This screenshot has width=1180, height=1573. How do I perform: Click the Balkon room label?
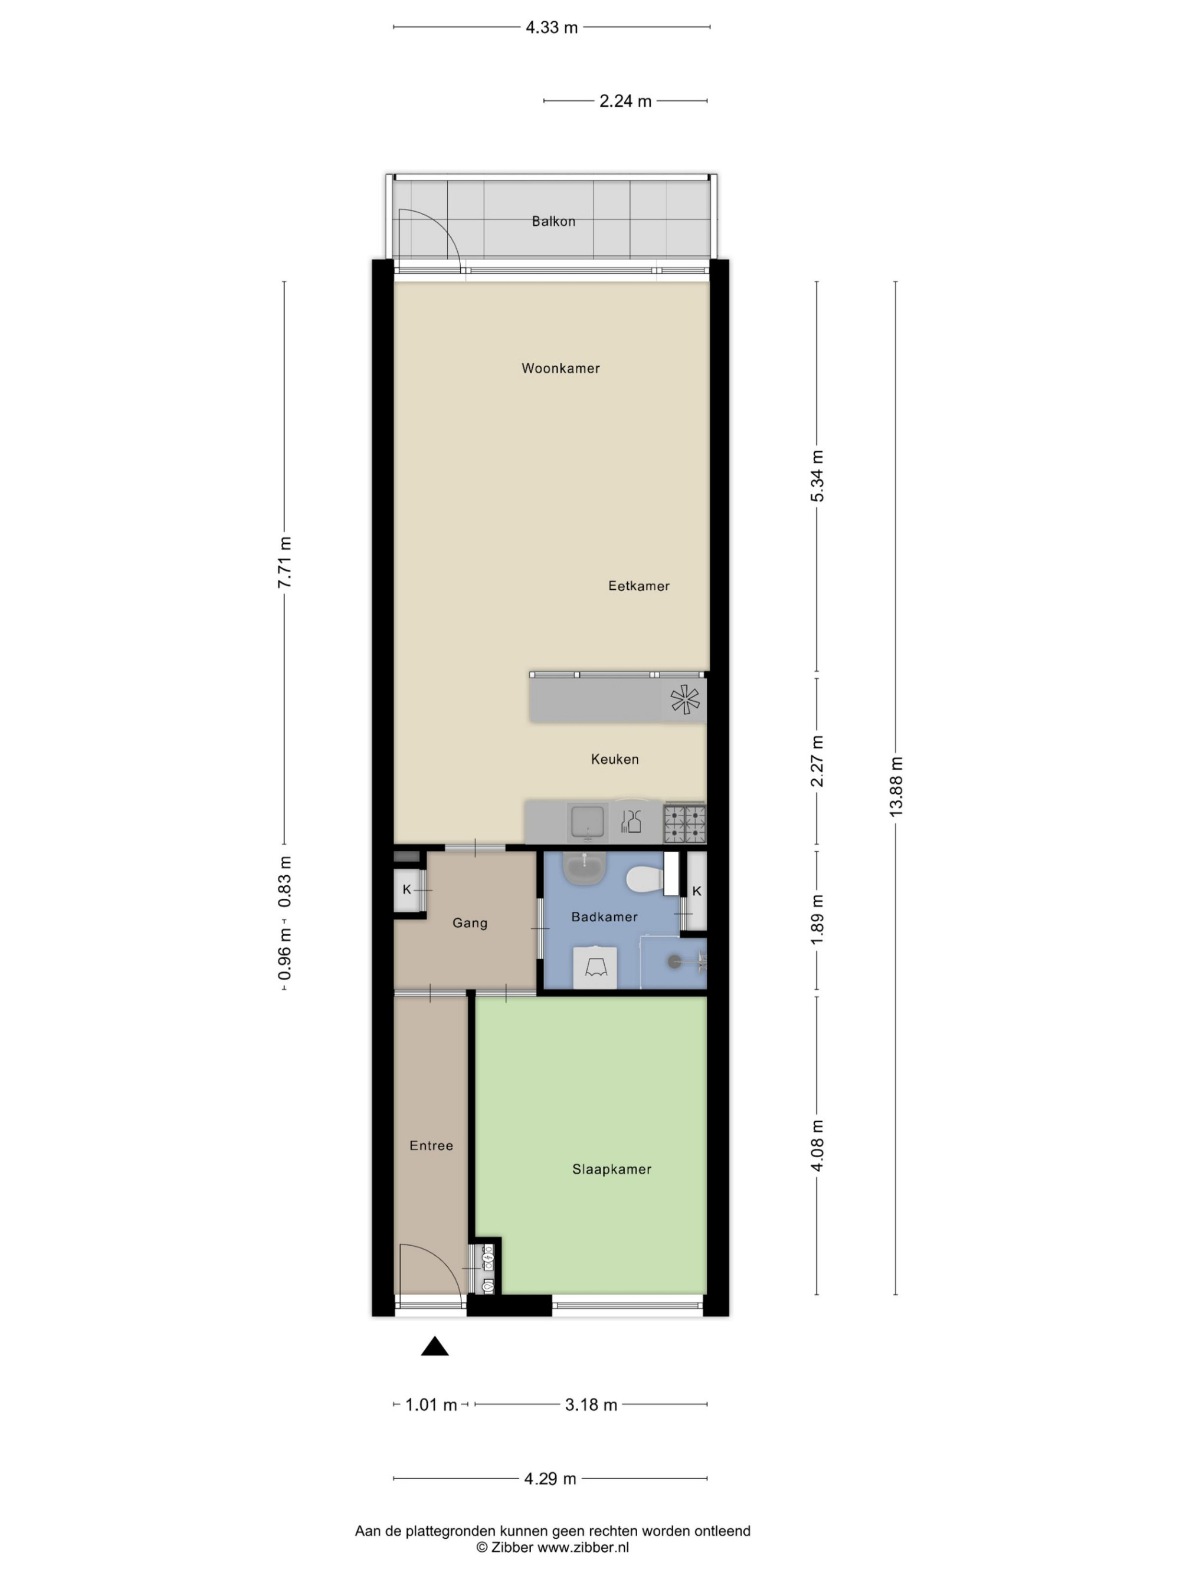[x=553, y=221]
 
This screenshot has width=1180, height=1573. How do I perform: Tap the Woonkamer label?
[x=560, y=369]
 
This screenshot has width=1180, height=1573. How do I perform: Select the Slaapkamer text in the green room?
[x=612, y=1169]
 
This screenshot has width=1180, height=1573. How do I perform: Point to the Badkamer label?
[x=605, y=917]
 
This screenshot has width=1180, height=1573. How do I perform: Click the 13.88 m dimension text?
[x=896, y=787]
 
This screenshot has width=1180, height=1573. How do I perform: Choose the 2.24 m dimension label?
[x=625, y=101]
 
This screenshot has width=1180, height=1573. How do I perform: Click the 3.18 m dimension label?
[x=591, y=1405]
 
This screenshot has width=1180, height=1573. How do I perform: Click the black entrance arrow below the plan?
[x=435, y=1346]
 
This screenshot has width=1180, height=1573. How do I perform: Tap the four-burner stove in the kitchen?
[x=685, y=824]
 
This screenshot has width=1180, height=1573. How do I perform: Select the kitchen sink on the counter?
[x=587, y=823]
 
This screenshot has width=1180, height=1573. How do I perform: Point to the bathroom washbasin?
[x=585, y=868]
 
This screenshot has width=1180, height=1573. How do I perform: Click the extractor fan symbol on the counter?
[x=685, y=700]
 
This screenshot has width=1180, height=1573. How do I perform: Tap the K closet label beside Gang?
[x=407, y=889]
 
